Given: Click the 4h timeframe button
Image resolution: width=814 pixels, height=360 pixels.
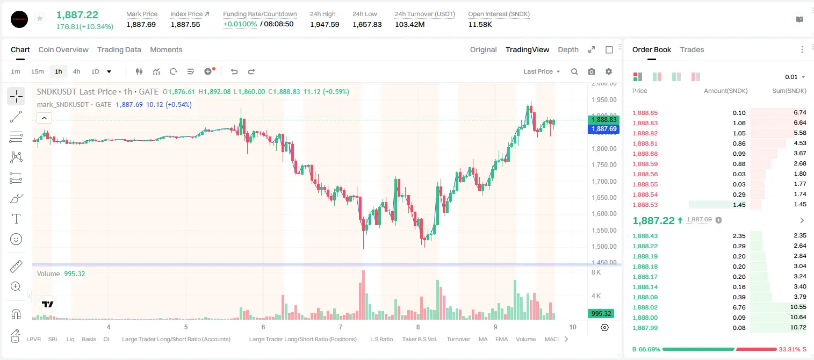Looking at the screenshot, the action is tap(76, 71).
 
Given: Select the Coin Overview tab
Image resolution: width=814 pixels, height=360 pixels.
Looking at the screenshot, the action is tap(63, 49).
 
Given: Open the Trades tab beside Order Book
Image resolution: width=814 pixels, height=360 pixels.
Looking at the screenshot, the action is tap(692, 49).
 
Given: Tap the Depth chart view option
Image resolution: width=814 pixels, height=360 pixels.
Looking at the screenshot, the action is tap(568, 49).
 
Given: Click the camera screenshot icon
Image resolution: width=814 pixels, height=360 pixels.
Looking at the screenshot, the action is tap(592, 71).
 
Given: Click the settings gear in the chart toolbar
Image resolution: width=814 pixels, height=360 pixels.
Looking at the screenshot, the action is tap(609, 71).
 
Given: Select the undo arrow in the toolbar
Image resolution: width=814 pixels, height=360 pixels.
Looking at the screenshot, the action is tap(234, 71).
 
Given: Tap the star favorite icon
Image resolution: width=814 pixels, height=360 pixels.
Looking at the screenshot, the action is tap(40, 18).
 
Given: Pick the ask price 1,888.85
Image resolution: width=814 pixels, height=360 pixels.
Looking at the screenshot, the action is tap(645, 113).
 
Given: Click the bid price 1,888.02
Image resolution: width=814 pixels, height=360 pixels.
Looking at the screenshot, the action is tap(645, 307).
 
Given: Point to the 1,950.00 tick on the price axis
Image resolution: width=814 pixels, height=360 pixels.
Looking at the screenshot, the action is tap(604, 100).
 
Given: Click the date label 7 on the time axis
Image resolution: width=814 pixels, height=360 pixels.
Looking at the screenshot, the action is tap(341, 327).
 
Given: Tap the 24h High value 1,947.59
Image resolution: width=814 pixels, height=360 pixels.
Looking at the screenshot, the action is tap(325, 24).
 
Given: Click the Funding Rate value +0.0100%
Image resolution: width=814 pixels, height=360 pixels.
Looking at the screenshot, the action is tap(240, 24).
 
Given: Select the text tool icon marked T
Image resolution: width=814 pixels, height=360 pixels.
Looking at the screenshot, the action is tap(16, 219).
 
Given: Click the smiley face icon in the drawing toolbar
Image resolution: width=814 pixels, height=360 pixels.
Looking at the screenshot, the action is tap(16, 239).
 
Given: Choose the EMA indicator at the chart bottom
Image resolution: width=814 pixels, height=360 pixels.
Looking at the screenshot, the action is tap(501, 339).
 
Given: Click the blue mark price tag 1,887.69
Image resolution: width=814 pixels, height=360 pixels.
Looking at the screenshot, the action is tap(603, 129).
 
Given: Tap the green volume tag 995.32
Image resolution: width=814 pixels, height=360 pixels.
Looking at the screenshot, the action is tap(601, 313).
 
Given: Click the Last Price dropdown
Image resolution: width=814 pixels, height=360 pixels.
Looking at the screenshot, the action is tap(542, 71).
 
